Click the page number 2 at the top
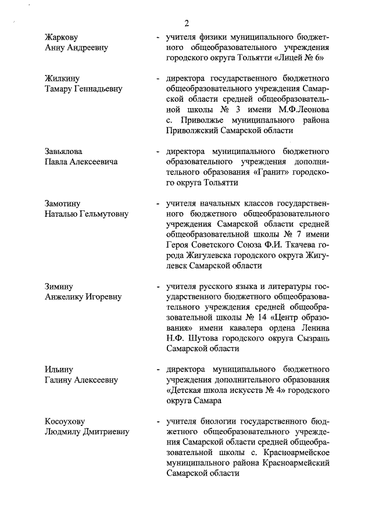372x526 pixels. [x=187, y=23]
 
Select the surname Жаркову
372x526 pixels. [x=62, y=38]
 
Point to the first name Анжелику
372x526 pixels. [x=66, y=297]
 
